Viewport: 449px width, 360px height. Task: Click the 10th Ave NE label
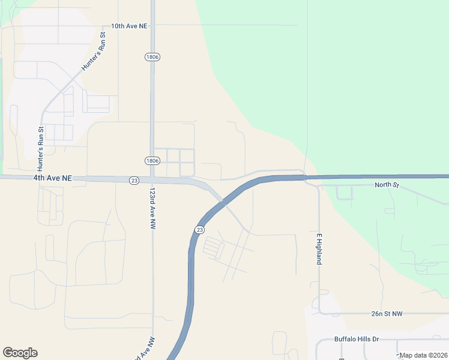click(x=129, y=26)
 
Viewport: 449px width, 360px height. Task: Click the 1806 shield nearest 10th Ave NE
click(x=152, y=56)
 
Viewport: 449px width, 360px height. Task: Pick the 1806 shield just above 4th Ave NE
click(x=152, y=161)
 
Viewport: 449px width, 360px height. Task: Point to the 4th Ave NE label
click(x=52, y=178)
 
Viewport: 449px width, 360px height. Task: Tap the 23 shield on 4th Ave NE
click(x=134, y=180)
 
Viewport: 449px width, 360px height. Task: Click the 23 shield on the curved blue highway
click(x=199, y=229)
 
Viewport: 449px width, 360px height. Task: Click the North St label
click(x=387, y=185)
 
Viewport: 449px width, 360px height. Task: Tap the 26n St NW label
click(x=387, y=313)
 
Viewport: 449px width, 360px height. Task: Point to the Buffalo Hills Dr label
click(x=357, y=339)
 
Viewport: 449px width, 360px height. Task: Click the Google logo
click(x=20, y=353)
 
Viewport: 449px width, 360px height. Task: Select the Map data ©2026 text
click(x=423, y=355)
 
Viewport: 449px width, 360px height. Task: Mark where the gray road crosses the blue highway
click(x=224, y=203)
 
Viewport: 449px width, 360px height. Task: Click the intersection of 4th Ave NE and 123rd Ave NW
click(x=152, y=179)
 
